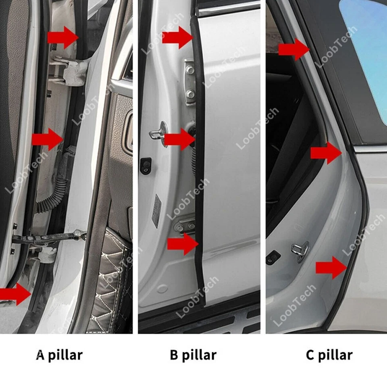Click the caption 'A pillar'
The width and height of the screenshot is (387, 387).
[x=59, y=355]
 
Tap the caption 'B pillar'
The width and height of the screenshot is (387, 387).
[x=193, y=355]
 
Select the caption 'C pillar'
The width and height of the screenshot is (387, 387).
[x=329, y=355]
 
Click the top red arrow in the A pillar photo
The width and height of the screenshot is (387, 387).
[x=62, y=37]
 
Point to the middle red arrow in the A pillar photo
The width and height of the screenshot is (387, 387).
[x=48, y=139]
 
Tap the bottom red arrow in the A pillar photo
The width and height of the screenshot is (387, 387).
[x=15, y=293]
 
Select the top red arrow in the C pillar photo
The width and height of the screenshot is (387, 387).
[x=293, y=49]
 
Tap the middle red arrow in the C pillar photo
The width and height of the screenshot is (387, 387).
[x=326, y=153]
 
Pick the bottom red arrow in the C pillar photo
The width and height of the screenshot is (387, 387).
[x=331, y=268]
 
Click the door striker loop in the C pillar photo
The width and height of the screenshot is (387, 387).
[x=300, y=251]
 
